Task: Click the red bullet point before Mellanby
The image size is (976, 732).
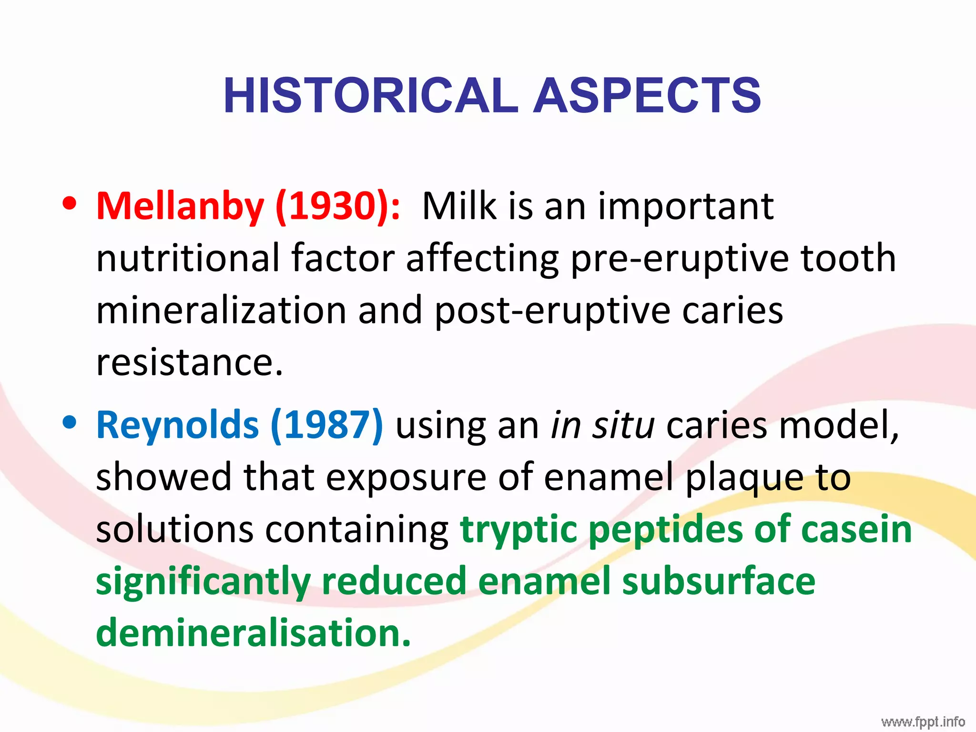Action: pyautogui.click(x=70, y=203)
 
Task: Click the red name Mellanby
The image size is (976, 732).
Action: pyautogui.click(x=180, y=206)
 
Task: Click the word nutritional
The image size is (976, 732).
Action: pyautogui.click(x=188, y=258)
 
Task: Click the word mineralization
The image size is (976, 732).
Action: pyautogui.click(x=221, y=310)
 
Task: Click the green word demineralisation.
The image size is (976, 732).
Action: pyautogui.click(x=253, y=633)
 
